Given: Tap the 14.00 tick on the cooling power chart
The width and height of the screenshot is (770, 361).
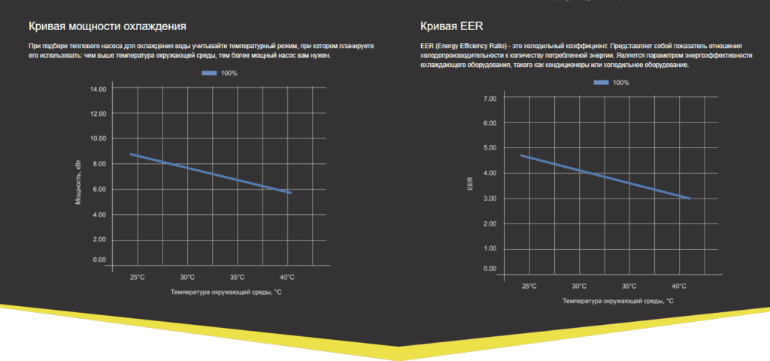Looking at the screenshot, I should [x=98, y=89].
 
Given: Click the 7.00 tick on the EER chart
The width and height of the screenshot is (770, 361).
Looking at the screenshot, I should [x=490, y=99].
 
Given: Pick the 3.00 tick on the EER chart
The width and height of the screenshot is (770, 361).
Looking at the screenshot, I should [x=490, y=199].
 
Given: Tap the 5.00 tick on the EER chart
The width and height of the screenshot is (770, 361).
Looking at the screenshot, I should [x=490, y=147].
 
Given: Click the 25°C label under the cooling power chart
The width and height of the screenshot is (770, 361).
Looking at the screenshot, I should [x=137, y=277].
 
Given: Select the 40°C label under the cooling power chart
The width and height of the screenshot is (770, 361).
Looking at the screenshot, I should [x=287, y=277].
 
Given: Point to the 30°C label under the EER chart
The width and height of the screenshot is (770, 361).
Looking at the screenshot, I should [x=579, y=286].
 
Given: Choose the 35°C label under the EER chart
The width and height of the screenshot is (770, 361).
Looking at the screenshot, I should [x=629, y=286].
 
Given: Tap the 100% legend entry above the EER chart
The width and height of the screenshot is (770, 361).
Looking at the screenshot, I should [x=612, y=82].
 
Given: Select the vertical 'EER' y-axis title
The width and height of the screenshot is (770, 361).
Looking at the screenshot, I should [x=470, y=184].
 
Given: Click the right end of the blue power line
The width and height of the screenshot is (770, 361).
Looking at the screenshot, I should [x=290, y=193].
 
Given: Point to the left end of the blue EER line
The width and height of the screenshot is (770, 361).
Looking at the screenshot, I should [x=521, y=156].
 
